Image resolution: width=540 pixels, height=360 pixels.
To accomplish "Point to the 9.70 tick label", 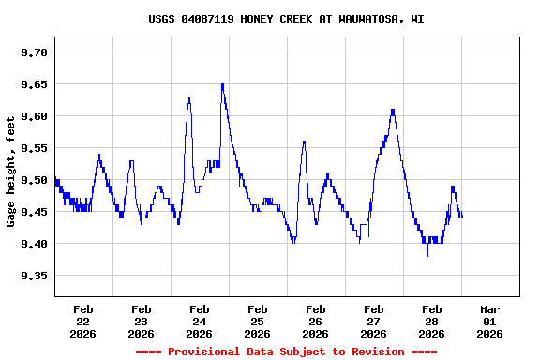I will coord(34,52).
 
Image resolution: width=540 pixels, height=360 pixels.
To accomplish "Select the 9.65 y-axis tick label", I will coord(34,84).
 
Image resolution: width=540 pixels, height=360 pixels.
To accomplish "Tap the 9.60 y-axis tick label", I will coord(34,116).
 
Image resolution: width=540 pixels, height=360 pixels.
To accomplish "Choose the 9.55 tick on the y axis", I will coord(34,148).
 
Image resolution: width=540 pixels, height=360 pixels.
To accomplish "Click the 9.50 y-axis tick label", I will coord(34,180).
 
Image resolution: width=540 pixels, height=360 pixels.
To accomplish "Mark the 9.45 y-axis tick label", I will coord(34,212).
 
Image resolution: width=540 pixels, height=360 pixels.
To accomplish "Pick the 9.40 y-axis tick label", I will coord(34,244).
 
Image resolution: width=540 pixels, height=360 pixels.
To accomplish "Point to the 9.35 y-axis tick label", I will coord(34,276).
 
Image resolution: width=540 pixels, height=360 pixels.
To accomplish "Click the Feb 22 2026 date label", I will coord(82,321).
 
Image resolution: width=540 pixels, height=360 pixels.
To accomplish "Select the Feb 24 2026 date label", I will coord(199,321).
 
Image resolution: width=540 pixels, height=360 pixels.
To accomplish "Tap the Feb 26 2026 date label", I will coord(315,321).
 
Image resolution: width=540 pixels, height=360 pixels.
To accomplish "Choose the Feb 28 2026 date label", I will coord(431,321).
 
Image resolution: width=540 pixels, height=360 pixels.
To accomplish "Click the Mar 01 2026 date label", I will coord(489,321).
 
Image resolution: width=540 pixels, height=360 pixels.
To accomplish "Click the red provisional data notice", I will coord(286,352).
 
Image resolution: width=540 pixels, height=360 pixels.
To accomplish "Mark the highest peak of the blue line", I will coord(222,84).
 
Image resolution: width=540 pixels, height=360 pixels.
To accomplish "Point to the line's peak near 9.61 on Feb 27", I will coord(393,110).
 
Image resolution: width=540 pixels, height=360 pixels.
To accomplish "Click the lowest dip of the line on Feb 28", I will coord(427,255).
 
